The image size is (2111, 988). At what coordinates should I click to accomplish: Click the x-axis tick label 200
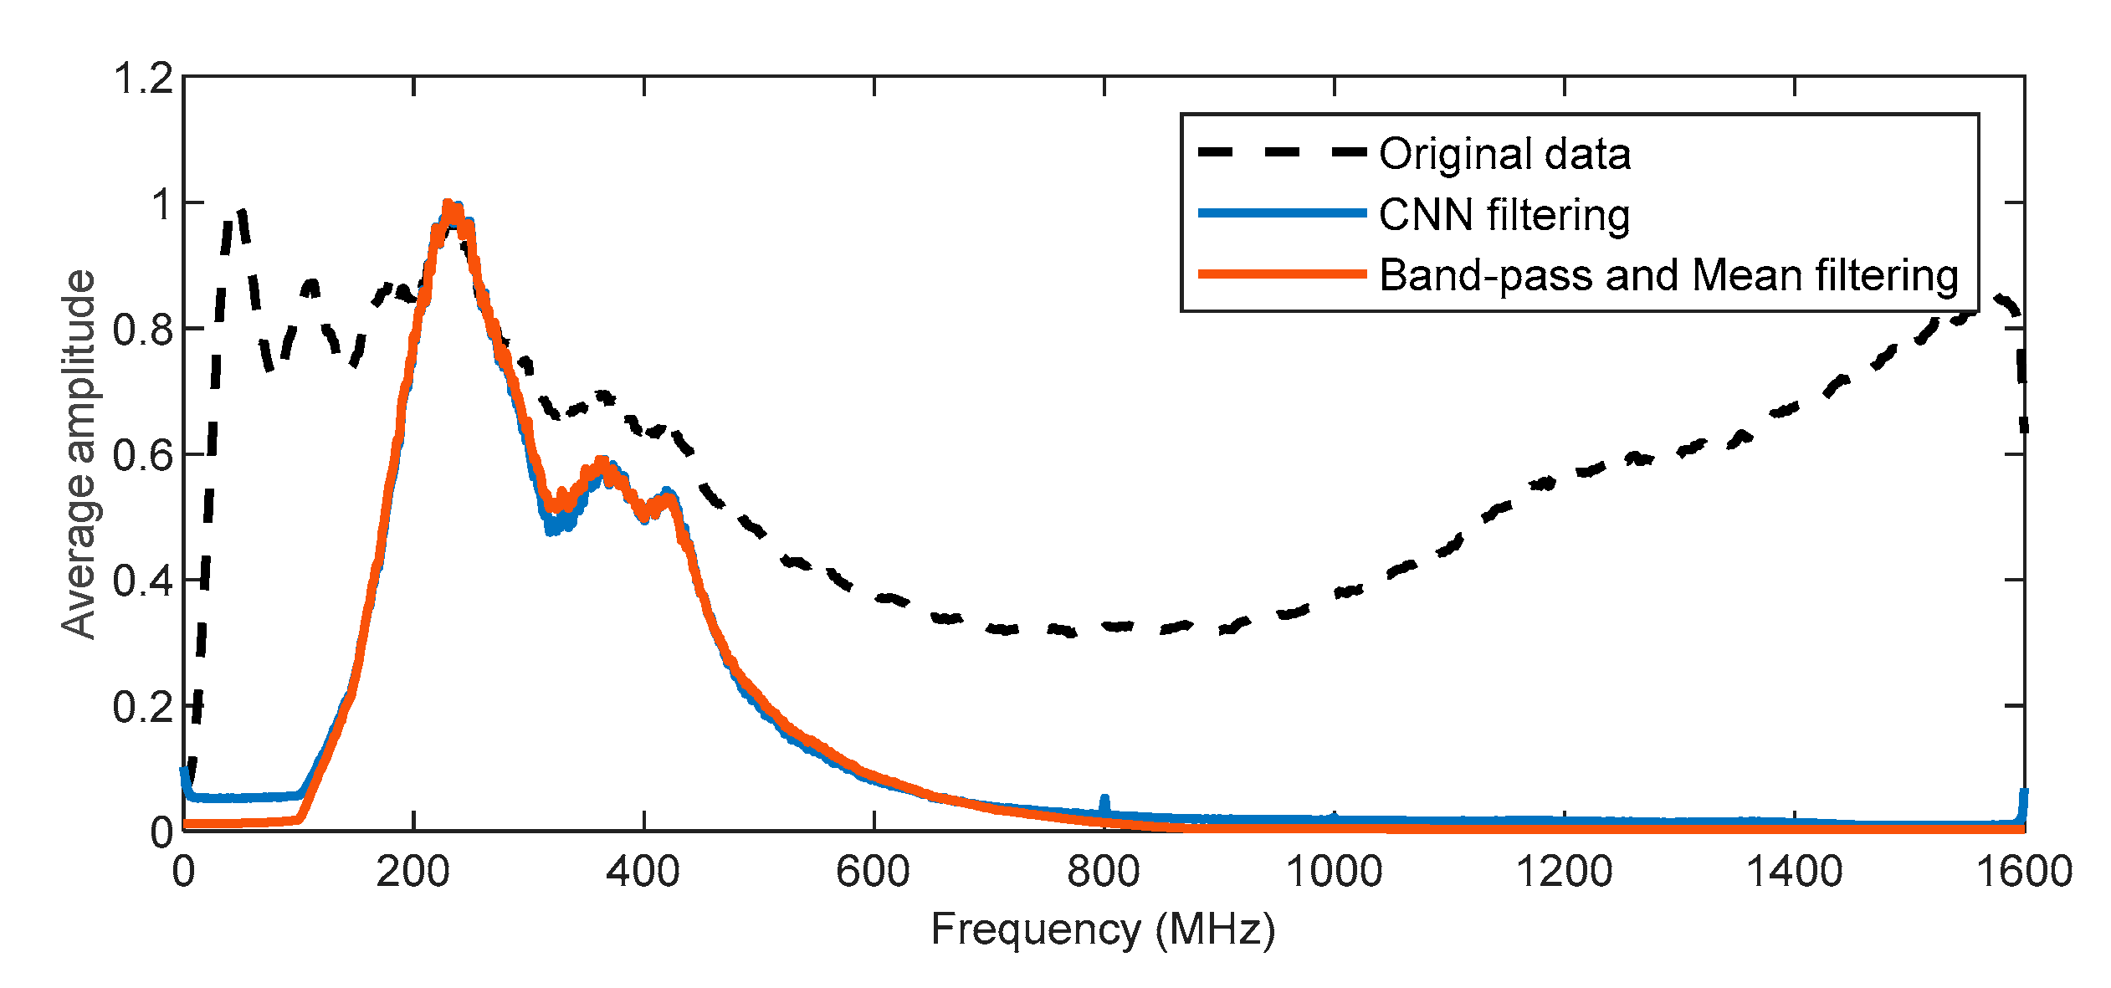(412, 873)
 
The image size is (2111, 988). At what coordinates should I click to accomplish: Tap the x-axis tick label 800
(1103, 873)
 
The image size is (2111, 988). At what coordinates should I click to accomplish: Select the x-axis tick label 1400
(1794, 873)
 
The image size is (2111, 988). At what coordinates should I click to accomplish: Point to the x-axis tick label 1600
(2024, 873)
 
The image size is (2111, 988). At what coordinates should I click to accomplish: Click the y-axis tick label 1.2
(143, 79)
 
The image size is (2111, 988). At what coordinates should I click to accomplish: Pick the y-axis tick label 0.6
(143, 456)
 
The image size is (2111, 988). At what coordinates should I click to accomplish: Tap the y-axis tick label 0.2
(143, 708)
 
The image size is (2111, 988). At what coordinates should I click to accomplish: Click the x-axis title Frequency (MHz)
(1103, 929)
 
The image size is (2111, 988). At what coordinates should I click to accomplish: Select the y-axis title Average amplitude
(79, 454)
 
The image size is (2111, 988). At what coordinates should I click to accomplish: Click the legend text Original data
(1504, 154)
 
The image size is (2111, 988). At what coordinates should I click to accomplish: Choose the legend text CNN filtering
(1504, 215)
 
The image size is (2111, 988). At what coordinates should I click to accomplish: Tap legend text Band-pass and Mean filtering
(1668, 275)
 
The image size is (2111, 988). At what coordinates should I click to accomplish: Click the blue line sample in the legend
(1282, 213)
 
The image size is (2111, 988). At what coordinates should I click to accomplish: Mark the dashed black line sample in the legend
(1282, 152)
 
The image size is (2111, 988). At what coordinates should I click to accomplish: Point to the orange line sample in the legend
(1282, 274)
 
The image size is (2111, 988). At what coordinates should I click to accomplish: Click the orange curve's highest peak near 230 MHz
(448, 206)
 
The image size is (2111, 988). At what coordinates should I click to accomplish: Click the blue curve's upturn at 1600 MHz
(2024, 795)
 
